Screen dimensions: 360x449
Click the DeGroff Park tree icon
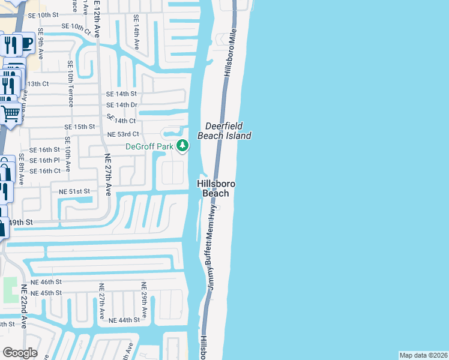183,146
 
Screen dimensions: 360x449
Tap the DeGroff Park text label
149,146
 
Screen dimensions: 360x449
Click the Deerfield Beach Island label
228,131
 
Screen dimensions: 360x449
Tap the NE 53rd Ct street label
122,134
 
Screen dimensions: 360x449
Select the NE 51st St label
74,191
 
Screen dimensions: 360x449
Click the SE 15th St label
80,127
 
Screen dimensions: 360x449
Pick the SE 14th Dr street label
122,105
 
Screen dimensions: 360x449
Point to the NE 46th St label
46,281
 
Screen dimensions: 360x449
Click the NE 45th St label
46,293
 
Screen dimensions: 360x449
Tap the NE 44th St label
124,320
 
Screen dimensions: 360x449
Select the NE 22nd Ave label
24,306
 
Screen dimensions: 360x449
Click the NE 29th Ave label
144,300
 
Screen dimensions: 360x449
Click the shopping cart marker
10,112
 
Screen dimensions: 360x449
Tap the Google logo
20,353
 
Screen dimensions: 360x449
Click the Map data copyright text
423,355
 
